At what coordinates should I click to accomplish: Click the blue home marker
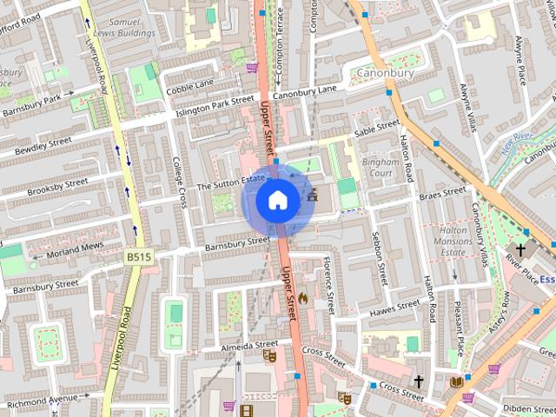[x=277, y=200]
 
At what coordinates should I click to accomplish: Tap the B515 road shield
[x=137, y=257]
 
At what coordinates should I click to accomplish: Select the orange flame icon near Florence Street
[x=302, y=298]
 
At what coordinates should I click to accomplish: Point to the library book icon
[x=456, y=381]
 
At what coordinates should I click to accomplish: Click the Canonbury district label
[x=386, y=73]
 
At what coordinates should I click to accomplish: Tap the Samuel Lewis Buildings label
[x=126, y=27]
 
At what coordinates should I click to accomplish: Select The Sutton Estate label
[x=231, y=183]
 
